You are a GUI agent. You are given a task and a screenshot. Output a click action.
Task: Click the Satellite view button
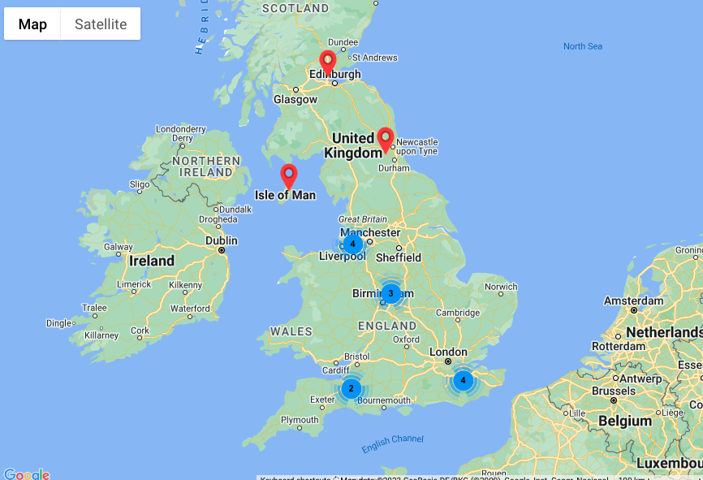(x=101, y=24)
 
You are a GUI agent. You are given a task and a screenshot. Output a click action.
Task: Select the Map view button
(x=32, y=24)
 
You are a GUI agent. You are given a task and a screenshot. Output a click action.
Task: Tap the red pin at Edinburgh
(x=328, y=62)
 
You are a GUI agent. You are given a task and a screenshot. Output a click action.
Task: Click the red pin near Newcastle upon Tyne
(x=386, y=139)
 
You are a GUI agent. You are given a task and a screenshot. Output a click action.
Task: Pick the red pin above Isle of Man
(x=288, y=175)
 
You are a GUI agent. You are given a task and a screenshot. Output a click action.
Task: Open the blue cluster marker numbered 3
(x=390, y=293)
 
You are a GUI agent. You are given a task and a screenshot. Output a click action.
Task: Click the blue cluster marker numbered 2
(x=351, y=388)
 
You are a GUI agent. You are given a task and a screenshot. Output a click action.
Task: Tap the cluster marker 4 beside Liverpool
(x=352, y=244)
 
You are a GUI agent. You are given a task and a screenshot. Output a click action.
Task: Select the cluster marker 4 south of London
(x=463, y=379)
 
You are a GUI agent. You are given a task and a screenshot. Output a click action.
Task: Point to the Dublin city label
(x=221, y=240)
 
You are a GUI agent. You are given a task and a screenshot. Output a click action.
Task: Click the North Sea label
(x=583, y=46)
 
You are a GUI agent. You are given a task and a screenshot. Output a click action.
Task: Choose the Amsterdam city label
(x=632, y=301)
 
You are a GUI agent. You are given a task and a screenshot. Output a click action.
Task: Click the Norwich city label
(x=500, y=287)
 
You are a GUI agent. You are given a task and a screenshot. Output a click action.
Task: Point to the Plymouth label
(x=300, y=420)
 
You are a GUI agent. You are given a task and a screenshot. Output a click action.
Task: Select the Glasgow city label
(x=295, y=99)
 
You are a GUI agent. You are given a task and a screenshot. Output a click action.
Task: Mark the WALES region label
(x=291, y=331)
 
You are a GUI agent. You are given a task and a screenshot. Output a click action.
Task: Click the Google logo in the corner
(x=26, y=474)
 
